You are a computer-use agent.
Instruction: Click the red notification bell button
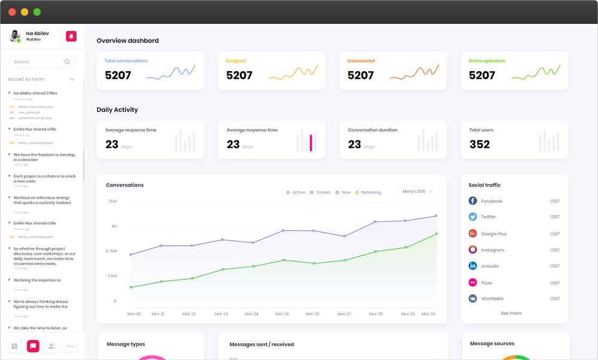(x=71, y=36)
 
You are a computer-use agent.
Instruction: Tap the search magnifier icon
(x=68, y=62)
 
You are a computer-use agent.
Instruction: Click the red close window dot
(x=12, y=12)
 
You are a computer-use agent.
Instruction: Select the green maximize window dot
(x=37, y=12)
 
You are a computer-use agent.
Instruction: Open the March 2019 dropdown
(x=417, y=191)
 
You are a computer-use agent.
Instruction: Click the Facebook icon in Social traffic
(x=472, y=201)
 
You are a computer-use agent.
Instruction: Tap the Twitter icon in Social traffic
(x=472, y=217)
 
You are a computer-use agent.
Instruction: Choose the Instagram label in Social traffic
(x=492, y=250)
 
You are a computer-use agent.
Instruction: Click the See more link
(x=511, y=313)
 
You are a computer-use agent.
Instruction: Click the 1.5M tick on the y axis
(x=112, y=202)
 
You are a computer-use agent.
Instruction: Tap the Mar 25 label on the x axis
(x=282, y=314)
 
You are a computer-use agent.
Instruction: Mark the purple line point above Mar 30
(x=436, y=216)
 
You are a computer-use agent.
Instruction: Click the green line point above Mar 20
(x=131, y=287)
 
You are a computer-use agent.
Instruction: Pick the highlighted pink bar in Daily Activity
(x=311, y=143)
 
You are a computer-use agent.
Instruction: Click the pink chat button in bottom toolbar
(x=33, y=346)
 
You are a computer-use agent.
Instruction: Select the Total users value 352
(x=480, y=144)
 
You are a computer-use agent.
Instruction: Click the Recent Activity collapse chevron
(x=72, y=80)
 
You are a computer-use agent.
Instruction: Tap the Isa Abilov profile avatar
(x=15, y=36)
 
